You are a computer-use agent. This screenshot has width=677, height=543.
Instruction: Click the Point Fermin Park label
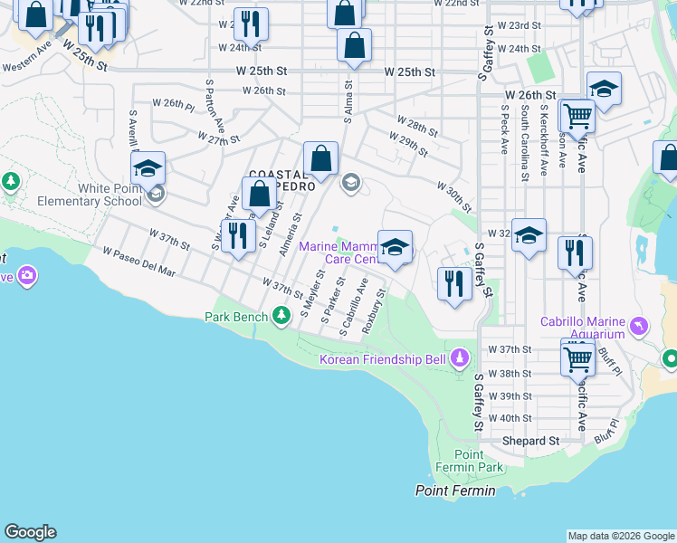coord(477,460)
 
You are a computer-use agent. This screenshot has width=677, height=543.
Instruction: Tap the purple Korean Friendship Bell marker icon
coord(460,360)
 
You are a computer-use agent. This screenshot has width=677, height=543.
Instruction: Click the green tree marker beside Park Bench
coord(282,315)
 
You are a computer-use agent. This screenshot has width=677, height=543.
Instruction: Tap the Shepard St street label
coord(531,441)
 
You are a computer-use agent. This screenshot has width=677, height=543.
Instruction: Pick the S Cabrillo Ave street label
coord(354,308)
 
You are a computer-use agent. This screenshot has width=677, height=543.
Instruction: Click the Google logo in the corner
coord(30,532)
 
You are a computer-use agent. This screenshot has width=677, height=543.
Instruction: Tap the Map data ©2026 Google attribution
coord(621,536)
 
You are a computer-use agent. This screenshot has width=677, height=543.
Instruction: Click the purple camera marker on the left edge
coord(26,275)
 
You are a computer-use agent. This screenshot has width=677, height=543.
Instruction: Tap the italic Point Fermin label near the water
coord(455,491)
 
